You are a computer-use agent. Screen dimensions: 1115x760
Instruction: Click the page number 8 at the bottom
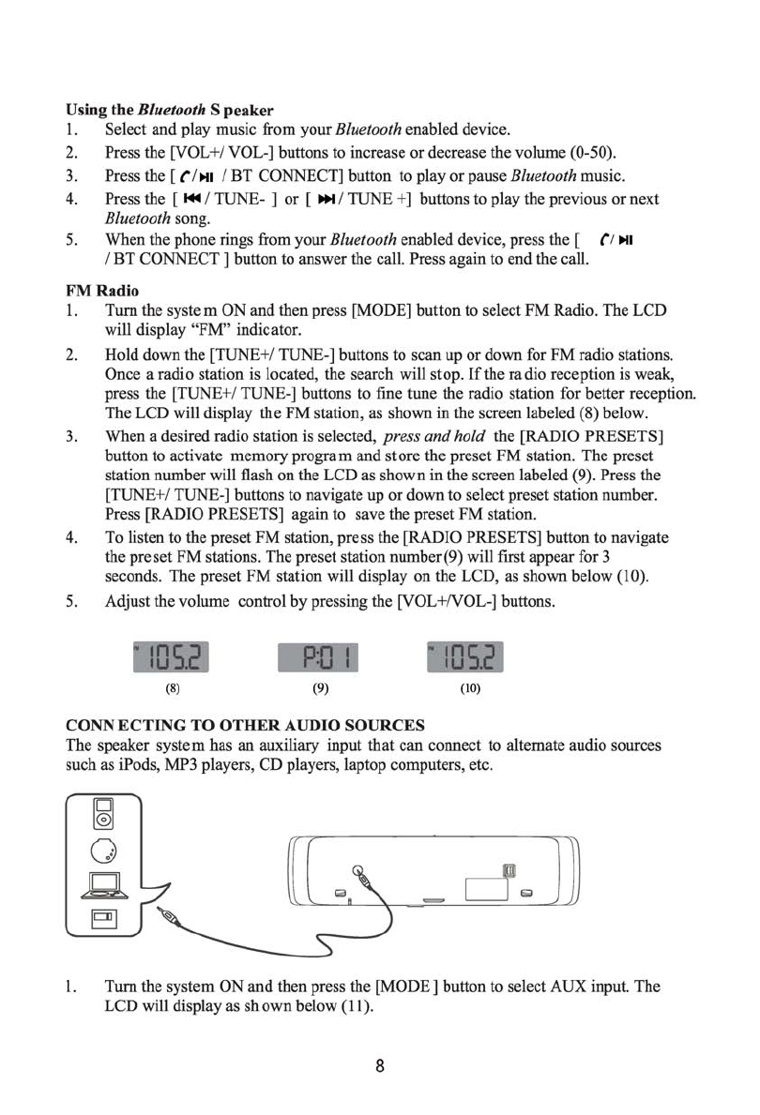coord(380,1067)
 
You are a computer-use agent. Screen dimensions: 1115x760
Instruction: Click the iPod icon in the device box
coord(103,814)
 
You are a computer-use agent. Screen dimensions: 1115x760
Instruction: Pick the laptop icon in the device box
coord(102,883)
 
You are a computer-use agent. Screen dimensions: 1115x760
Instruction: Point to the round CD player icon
coord(103,850)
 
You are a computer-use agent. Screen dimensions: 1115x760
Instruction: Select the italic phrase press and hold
coord(436,436)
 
